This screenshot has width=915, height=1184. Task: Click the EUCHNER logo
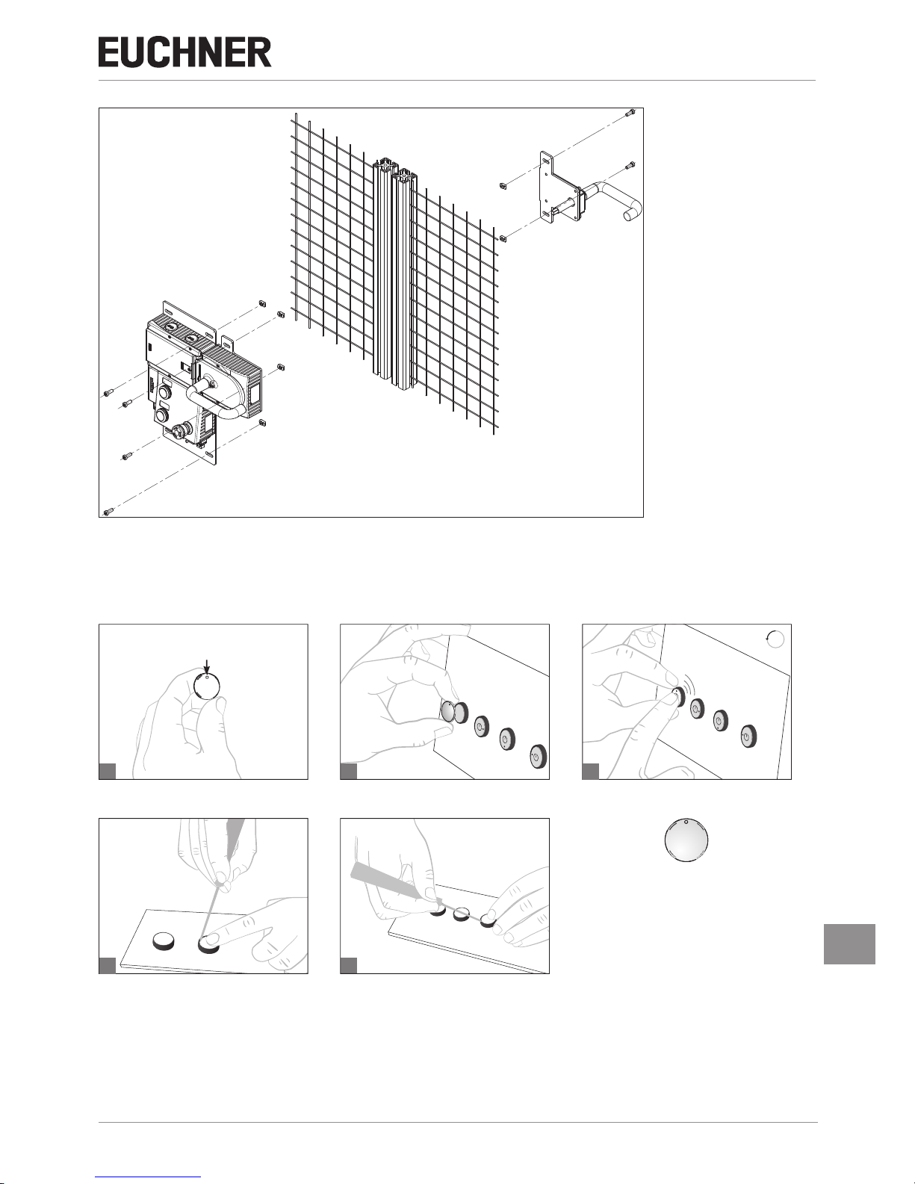184,52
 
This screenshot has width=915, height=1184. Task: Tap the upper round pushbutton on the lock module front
164,391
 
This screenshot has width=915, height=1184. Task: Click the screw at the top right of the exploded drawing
630,114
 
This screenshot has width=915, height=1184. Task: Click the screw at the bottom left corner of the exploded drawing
108,511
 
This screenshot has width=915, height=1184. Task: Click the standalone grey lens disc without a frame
686,842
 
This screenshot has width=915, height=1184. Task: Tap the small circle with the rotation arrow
775,639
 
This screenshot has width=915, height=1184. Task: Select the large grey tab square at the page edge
849,943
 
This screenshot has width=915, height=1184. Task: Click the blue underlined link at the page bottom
148,1180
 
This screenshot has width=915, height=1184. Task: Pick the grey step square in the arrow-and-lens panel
108,771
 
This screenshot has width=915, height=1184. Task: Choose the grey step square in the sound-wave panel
591,771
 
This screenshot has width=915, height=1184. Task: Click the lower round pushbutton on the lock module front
161,416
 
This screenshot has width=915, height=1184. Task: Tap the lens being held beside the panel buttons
447,712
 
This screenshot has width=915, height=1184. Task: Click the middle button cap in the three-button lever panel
462,914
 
